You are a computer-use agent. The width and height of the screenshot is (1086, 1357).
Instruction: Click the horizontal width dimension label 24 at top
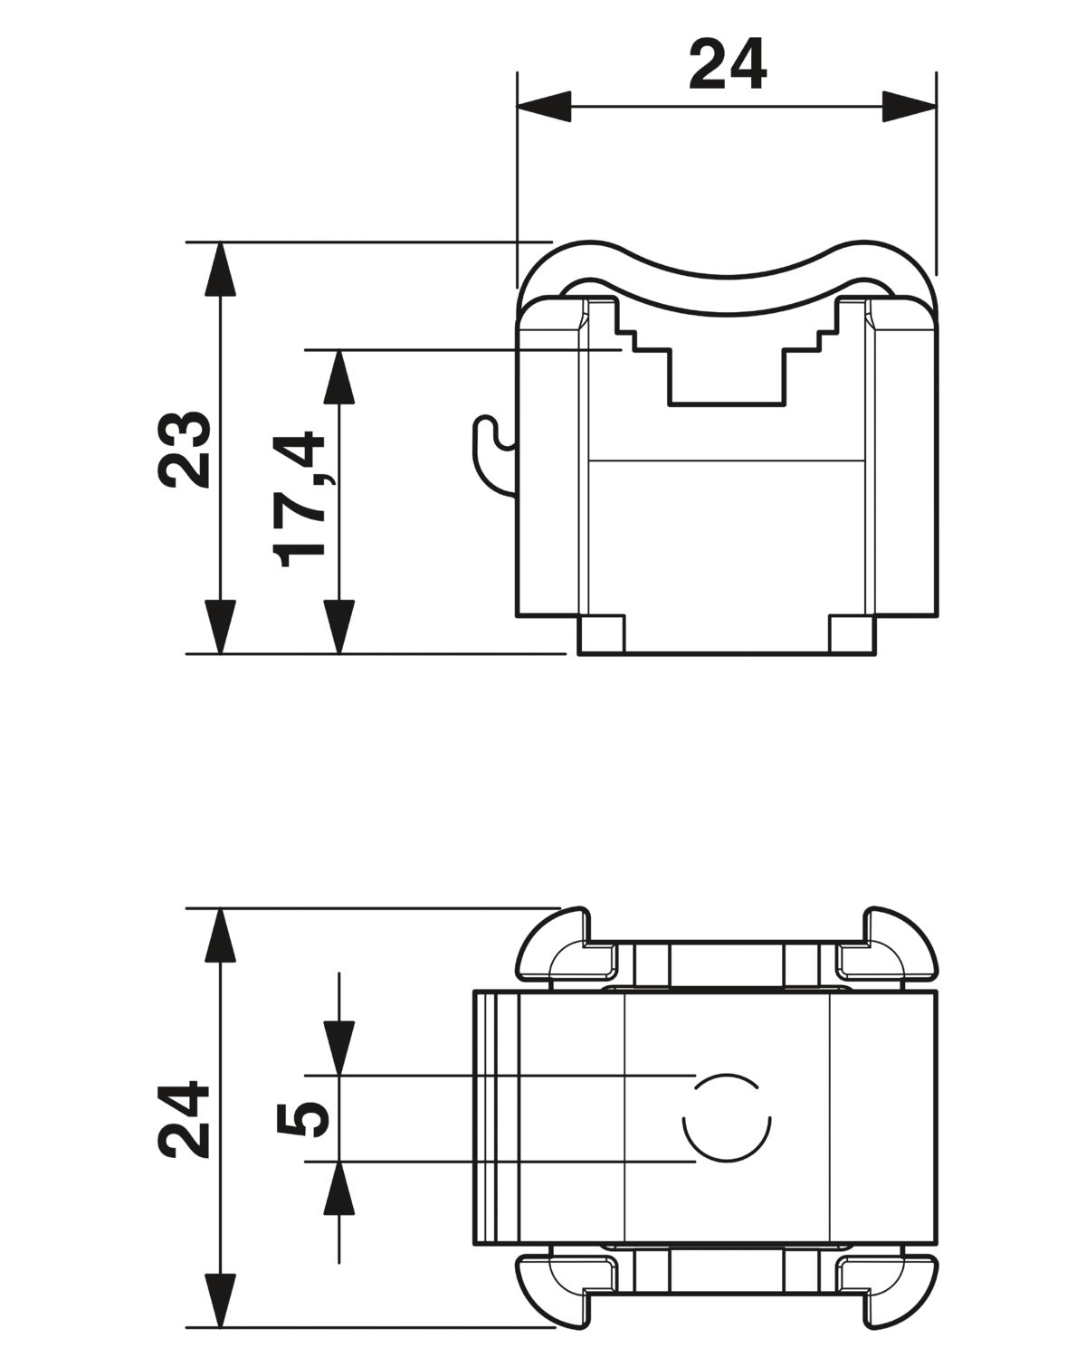728,63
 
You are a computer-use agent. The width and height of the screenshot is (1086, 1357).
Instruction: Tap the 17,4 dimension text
299,498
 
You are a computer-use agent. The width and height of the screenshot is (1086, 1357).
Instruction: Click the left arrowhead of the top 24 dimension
545,107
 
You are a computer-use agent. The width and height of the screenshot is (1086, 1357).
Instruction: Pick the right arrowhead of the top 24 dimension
910,107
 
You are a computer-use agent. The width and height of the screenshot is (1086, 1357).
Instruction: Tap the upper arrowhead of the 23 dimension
220,270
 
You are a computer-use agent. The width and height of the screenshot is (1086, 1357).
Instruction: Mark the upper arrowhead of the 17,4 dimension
339,377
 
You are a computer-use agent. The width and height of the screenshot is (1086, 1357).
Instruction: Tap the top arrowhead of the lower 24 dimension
220,935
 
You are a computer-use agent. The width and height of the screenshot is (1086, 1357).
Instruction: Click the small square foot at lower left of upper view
601,634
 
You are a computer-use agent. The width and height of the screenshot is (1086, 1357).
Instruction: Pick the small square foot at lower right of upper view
853,634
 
